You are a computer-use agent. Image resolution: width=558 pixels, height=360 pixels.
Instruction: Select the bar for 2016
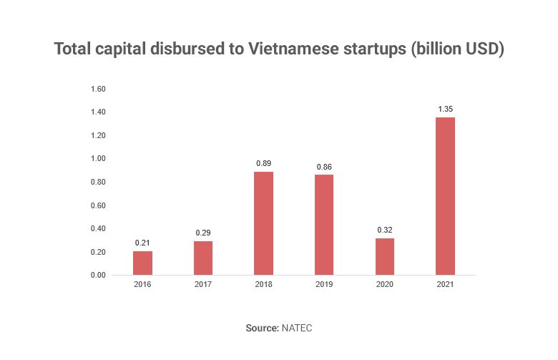142,263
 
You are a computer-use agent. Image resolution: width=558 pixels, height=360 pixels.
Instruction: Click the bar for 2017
203,258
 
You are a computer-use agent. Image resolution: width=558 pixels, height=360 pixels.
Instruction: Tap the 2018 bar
263,223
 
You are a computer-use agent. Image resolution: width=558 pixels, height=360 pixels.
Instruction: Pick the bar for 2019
324,225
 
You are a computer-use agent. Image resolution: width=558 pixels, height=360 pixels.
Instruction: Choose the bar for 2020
384,256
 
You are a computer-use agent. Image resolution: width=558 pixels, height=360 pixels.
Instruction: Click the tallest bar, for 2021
445,196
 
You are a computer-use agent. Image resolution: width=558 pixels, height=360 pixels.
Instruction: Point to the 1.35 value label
445,109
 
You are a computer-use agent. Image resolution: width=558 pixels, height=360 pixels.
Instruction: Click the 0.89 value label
263,163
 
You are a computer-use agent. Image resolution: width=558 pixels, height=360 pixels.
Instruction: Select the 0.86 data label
324,167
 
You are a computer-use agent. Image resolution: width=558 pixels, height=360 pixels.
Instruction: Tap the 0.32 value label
384,230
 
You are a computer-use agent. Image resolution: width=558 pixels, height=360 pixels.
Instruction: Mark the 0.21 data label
142,243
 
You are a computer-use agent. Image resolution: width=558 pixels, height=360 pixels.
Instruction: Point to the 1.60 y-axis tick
98,89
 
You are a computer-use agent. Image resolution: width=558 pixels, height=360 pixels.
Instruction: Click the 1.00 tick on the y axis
98,159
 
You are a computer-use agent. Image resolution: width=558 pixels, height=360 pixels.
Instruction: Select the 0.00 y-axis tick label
98,276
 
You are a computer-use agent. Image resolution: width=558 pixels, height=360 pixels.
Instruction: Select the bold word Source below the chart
260,327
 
